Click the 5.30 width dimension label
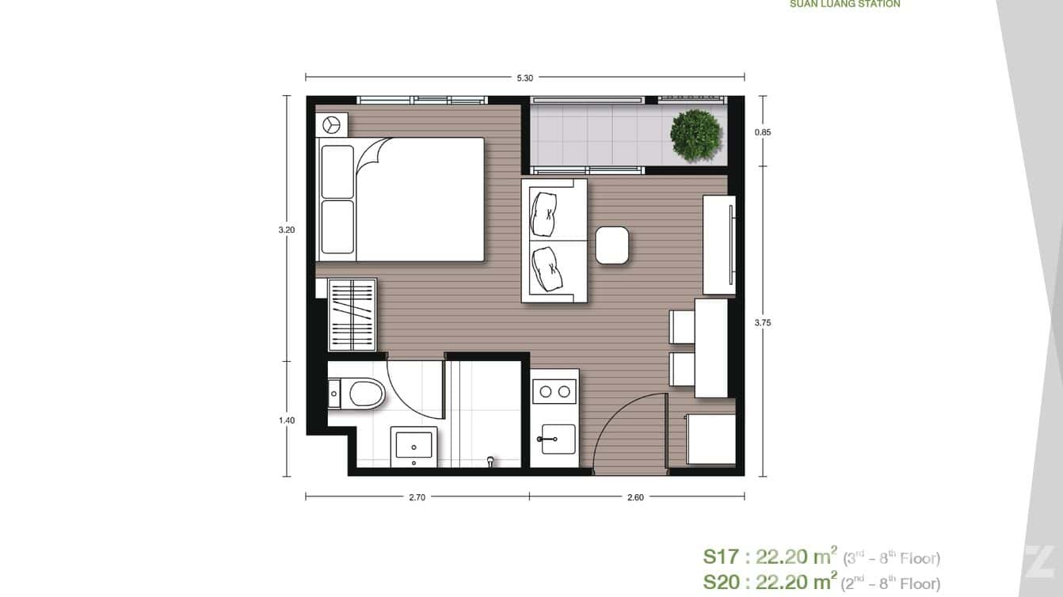(x=524, y=78)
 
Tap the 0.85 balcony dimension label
(x=762, y=132)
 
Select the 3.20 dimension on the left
(x=286, y=230)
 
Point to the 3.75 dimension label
(x=762, y=322)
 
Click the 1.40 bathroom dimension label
(x=286, y=420)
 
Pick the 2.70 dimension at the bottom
(x=417, y=498)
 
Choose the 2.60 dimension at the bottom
(x=635, y=498)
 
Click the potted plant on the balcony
(x=695, y=135)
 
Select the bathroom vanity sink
(x=413, y=444)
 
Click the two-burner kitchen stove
(x=554, y=390)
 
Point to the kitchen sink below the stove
(x=558, y=439)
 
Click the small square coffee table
(x=612, y=245)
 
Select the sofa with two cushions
(x=554, y=240)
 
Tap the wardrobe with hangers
(x=352, y=314)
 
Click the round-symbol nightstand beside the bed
(x=331, y=124)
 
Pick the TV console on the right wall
(x=719, y=245)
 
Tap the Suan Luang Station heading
(x=844, y=4)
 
